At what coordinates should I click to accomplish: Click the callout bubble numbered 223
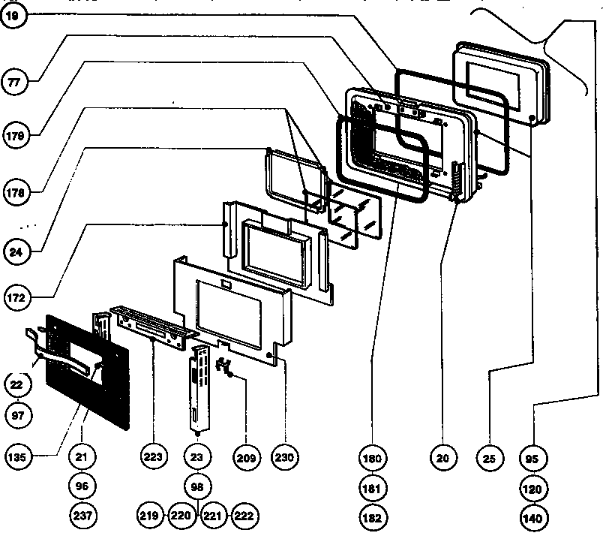[x=154, y=456]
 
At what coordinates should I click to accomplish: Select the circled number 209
[x=246, y=456]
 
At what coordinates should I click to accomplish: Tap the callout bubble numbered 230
[x=285, y=456]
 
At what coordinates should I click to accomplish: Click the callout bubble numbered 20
[x=445, y=456]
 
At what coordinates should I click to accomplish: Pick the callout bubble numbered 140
[x=535, y=517]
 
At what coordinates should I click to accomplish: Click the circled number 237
[x=82, y=516]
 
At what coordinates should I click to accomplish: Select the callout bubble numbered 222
[x=244, y=516]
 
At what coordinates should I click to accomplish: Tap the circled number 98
[x=198, y=486]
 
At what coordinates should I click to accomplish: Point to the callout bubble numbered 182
[x=373, y=517]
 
